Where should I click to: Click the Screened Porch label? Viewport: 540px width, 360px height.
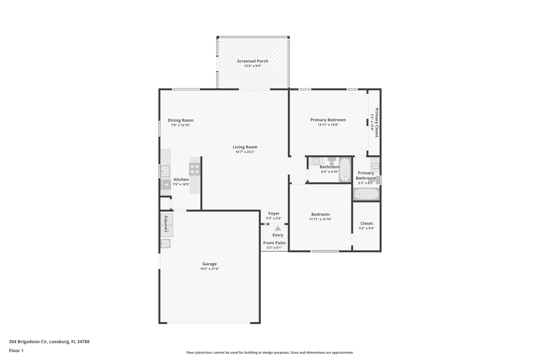(x=252, y=61)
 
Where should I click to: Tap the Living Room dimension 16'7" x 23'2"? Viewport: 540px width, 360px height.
(x=245, y=152)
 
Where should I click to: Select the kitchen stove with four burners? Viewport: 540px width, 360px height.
(x=195, y=169)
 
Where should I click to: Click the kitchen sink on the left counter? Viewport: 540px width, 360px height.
(x=165, y=171)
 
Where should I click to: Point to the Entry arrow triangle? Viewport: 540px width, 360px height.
(x=278, y=228)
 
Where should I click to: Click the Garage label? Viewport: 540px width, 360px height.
(x=209, y=264)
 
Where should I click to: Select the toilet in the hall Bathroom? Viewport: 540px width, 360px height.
(x=331, y=161)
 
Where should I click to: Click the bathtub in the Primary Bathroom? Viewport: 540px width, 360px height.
(x=366, y=194)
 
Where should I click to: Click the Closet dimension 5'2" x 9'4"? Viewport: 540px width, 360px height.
(x=367, y=228)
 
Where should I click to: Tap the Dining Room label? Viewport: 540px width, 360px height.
(x=180, y=120)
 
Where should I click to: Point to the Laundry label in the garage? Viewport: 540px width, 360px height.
(x=166, y=224)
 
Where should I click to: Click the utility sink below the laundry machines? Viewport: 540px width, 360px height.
(x=166, y=243)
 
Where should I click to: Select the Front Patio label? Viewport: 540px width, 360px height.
(x=274, y=243)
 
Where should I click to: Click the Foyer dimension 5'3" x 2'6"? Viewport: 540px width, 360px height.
(x=274, y=218)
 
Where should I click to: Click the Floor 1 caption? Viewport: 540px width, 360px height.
(x=16, y=351)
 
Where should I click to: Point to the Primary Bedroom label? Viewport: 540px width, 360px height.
(x=328, y=120)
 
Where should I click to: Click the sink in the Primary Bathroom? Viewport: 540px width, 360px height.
(x=375, y=166)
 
